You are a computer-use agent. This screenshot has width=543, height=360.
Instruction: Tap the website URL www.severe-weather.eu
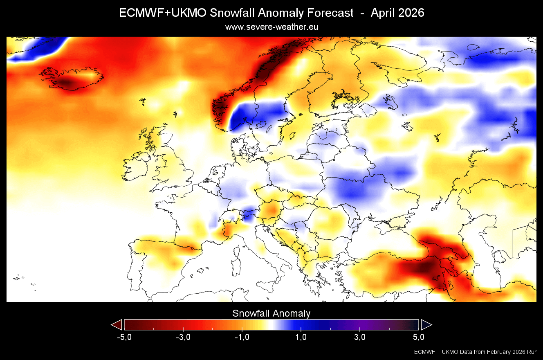[x=271, y=27]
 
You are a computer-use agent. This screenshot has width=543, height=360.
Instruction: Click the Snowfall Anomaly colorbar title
[x=271, y=313]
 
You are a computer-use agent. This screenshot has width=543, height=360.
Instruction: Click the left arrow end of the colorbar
[x=117, y=325]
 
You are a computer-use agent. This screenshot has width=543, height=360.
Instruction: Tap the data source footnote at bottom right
[x=476, y=352]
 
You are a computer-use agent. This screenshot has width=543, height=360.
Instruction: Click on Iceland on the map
[x=72, y=78]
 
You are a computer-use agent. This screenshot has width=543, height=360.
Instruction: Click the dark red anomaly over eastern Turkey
[x=425, y=268]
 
